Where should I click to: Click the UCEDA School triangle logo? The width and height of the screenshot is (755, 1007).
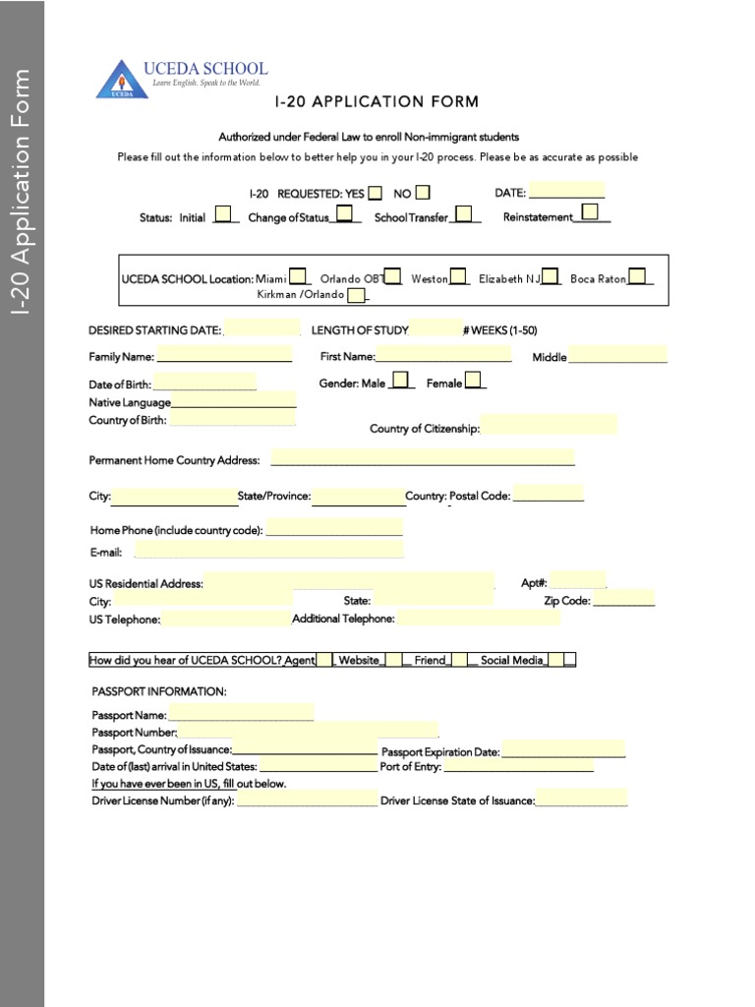coord(121,79)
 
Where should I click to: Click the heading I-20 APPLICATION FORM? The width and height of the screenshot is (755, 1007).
coord(377,101)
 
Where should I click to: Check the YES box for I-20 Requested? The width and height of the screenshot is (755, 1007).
coord(376,193)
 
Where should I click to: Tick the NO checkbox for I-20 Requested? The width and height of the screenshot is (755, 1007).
coord(423,193)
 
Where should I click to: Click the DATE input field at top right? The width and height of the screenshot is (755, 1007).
coord(566,191)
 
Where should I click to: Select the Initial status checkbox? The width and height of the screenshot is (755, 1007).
coord(224,214)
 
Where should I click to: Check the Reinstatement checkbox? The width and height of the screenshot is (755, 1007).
coord(590,212)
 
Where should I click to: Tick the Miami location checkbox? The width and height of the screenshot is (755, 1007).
coord(297,276)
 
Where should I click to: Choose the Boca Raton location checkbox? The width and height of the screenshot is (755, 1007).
coord(637,276)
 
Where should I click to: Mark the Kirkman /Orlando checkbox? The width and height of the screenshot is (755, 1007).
coord(355,294)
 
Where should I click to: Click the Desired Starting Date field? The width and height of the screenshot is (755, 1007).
coord(262,328)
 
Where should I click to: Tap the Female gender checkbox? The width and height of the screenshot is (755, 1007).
coord(473,381)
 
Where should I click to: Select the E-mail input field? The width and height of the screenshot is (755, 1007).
coord(268,550)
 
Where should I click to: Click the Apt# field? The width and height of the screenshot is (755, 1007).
coord(577,580)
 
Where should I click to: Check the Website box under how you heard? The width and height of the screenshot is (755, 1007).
coord(392,660)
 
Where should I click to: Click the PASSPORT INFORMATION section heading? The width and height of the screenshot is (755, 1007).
coord(159,692)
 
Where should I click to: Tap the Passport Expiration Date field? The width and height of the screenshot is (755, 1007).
coord(562,749)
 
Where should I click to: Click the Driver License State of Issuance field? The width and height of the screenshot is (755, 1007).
coord(581,799)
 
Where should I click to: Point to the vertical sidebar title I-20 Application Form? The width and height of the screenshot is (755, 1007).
coord(23,192)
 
